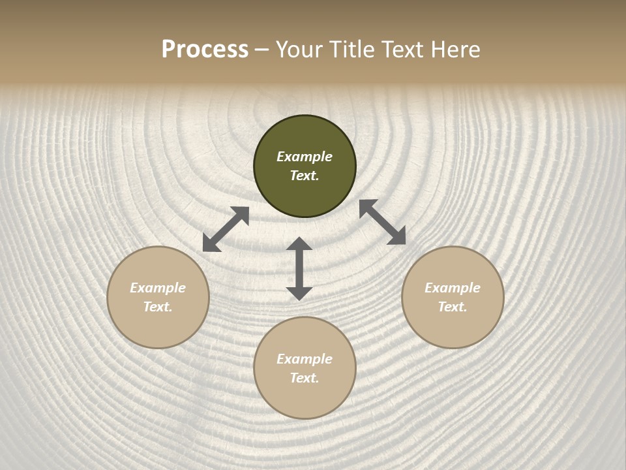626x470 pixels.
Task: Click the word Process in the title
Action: click(x=205, y=50)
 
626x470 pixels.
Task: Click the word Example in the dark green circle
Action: click(x=305, y=157)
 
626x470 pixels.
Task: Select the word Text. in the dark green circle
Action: click(x=305, y=176)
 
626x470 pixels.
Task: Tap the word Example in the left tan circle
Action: click(x=158, y=288)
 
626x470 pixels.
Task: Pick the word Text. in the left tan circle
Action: click(x=158, y=307)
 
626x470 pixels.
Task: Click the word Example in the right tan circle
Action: click(x=453, y=288)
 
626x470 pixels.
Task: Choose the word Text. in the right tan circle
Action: click(x=453, y=307)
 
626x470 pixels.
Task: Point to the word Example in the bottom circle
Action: click(x=305, y=359)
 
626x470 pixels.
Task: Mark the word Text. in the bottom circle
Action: click(x=305, y=378)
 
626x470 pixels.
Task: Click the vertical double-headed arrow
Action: click(x=299, y=268)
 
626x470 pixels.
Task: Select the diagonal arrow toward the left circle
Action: click(x=226, y=229)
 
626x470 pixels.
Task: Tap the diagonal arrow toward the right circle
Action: click(x=382, y=222)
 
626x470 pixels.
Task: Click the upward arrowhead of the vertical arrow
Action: click(x=299, y=243)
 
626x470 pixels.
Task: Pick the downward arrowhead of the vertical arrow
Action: click(x=299, y=293)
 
